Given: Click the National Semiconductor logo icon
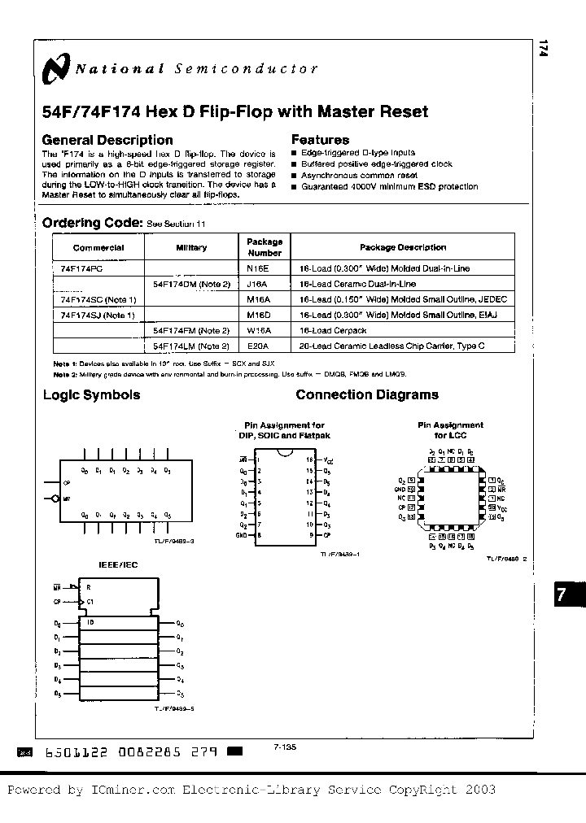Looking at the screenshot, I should click(x=58, y=69).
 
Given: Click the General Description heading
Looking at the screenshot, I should click(x=107, y=140).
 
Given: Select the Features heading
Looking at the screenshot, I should click(x=320, y=140).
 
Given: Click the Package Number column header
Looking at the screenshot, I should click(x=265, y=246).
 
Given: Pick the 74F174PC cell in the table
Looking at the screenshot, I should click(x=81, y=268).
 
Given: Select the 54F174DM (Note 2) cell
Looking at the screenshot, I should click(x=191, y=284).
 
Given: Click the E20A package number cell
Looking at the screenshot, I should click(x=258, y=346).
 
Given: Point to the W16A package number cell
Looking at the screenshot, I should click(x=258, y=330).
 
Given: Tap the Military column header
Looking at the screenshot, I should click(x=191, y=247).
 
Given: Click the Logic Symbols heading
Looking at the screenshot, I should click(x=91, y=395).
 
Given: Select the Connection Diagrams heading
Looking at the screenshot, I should click(x=366, y=395).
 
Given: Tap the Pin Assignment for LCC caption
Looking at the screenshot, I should click(x=450, y=429).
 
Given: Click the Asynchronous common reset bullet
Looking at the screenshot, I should click(x=359, y=175).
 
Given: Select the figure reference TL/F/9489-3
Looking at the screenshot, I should click(x=174, y=539).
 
